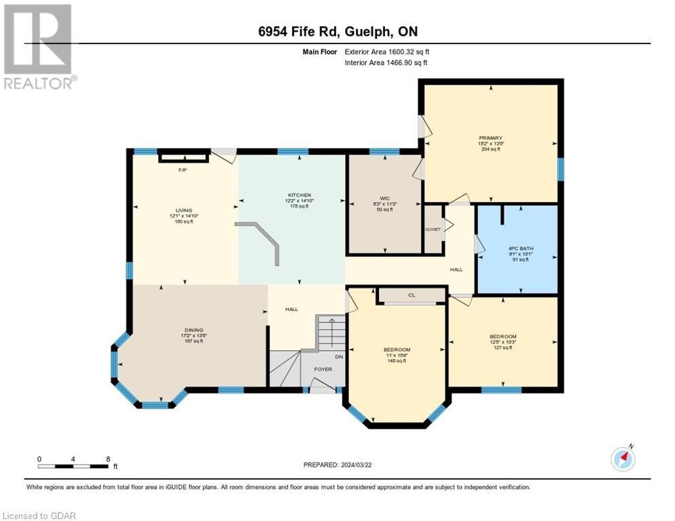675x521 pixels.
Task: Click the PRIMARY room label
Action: pos(490,138)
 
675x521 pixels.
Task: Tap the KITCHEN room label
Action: pos(299,194)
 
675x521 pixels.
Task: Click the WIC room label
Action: pos(384,197)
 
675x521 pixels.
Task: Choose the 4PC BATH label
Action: pos(522,249)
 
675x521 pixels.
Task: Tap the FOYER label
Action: pos(322,370)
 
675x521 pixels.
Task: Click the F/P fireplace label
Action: pos(182,170)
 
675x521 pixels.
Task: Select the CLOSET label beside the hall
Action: pos(433,229)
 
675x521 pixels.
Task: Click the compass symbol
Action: pos(623,459)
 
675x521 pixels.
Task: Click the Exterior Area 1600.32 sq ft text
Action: pos(387,51)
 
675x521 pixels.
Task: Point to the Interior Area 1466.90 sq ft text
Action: pos(386,62)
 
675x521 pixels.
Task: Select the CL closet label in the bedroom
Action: pos(412,295)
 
